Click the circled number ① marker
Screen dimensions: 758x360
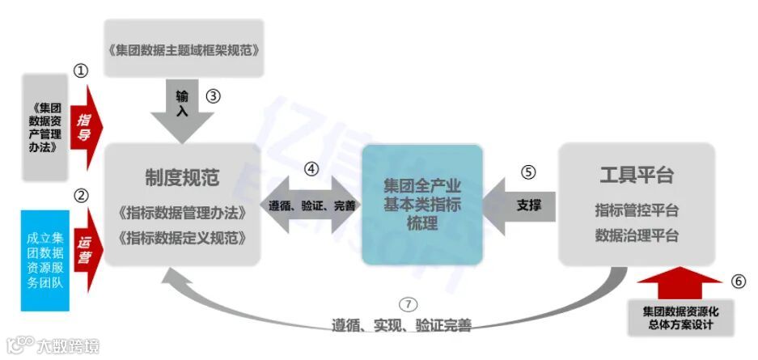pos(80,71)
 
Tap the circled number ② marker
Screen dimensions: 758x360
pos(80,195)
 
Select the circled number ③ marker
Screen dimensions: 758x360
pos(213,95)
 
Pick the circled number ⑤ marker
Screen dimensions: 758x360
pos(528,172)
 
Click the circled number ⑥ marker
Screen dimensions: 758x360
pos(738,282)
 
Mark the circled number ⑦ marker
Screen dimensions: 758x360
pos(409,305)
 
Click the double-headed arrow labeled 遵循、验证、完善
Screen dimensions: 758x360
pos(312,205)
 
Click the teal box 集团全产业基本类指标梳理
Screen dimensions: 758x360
pos(421,205)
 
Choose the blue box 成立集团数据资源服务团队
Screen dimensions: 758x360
pos(45,259)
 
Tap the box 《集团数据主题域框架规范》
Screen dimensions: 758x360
pos(184,49)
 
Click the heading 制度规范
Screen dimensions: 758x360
pos(183,176)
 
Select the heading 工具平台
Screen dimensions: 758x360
pos(637,176)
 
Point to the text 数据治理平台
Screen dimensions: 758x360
pos(637,236)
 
